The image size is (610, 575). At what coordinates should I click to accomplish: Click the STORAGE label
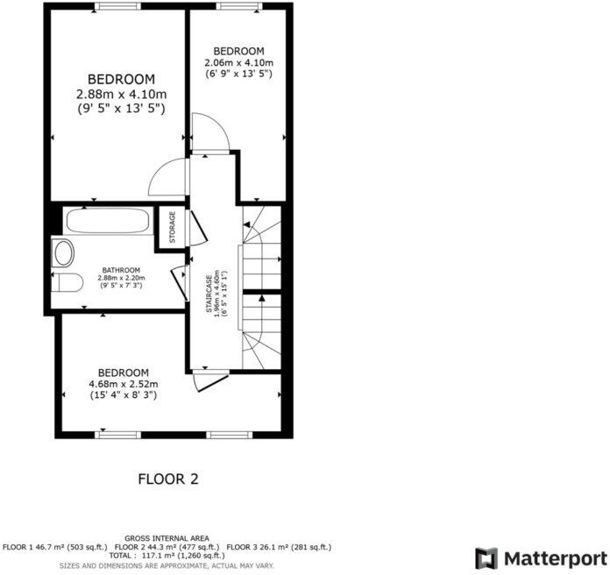tap(173, 226)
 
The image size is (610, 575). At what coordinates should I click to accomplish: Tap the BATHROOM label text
tap(120, 270)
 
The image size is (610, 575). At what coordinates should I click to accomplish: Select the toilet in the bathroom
tap(67, 282)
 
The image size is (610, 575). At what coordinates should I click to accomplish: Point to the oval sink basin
tap(63, 253)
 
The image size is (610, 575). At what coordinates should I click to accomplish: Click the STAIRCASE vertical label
tap(209, 295)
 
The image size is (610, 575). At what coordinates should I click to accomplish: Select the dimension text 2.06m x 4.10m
tap(238, 63)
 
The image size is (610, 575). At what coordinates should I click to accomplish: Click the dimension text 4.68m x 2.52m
tap(123, 384)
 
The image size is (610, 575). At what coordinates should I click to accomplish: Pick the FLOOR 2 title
tap(168, 479)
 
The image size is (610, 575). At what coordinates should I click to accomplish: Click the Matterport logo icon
tap(486, 558)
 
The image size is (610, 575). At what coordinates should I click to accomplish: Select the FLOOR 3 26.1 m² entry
tap(279, 546)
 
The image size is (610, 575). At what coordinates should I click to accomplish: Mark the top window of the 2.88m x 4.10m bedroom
tap(119, 6)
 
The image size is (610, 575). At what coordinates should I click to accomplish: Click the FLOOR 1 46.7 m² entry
tap(53, 546)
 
